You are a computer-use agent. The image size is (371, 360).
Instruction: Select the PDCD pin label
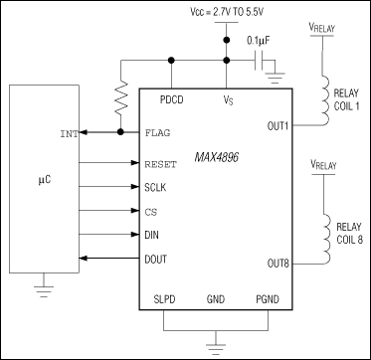click(171, 100)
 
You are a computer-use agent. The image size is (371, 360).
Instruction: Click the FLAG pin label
click(158, 131)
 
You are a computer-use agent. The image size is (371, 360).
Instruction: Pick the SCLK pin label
click(158, 185)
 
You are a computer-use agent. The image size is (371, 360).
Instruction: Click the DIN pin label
click(152, 236)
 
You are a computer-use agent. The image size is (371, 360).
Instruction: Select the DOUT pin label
click(158, 260)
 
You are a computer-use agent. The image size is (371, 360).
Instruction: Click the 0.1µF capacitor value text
click(262, 43)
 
